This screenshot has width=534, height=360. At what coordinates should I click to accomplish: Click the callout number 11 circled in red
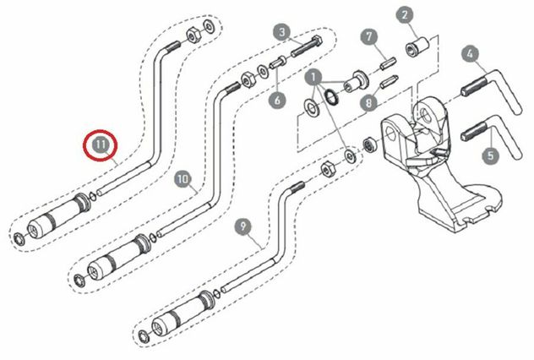pos(101,145)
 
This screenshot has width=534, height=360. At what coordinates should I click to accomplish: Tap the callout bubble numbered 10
pos(183,179)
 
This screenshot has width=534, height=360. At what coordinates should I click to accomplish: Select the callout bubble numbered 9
pos(242,226)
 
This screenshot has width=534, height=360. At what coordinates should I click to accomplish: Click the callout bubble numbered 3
pos(282,32)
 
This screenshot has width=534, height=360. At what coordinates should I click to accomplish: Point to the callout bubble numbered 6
pos(277,100)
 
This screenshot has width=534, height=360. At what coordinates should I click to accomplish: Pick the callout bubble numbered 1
pos(313,77)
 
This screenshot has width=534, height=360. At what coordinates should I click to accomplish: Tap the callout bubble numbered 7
pos(369,37)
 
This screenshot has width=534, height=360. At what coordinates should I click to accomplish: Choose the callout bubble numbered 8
pos(369,101)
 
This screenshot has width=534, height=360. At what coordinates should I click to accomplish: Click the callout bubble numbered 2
pos(405,15)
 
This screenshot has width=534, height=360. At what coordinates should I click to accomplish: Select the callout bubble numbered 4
pos(471,53)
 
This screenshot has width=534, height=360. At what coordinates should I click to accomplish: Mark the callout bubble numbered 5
pos(491,155)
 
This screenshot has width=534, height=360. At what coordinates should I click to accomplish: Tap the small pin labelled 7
pos(388,63)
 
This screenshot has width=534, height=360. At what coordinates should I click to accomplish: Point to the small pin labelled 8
pos(388,82)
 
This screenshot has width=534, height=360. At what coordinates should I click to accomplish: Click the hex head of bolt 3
pos(317,41)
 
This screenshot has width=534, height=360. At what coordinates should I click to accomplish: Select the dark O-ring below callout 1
pos(331,96)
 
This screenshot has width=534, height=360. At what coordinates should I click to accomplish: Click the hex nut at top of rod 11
pos(193,35)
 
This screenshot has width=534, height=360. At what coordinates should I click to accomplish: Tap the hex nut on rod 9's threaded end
pos(328,167)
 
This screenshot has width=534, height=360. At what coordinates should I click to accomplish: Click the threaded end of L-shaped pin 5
pos(472,131)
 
